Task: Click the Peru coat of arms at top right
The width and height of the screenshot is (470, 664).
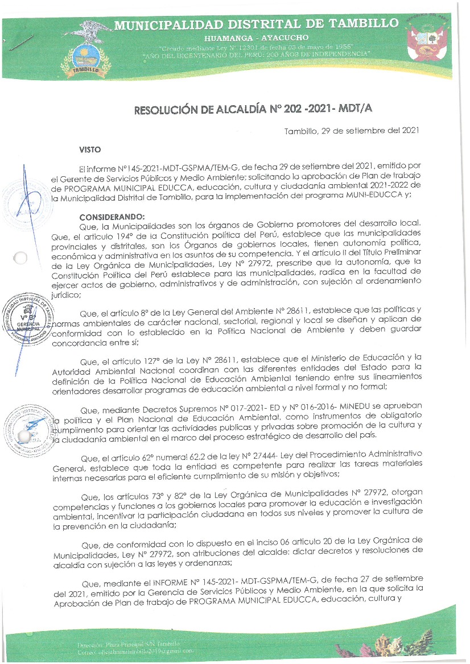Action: (x=431, y=42)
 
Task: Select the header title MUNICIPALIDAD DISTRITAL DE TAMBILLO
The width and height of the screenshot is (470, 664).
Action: (x=256, y=24)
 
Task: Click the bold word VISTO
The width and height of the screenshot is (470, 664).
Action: (x=90, y=150)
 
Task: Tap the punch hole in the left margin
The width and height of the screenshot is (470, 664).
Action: (x=20, y=258)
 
